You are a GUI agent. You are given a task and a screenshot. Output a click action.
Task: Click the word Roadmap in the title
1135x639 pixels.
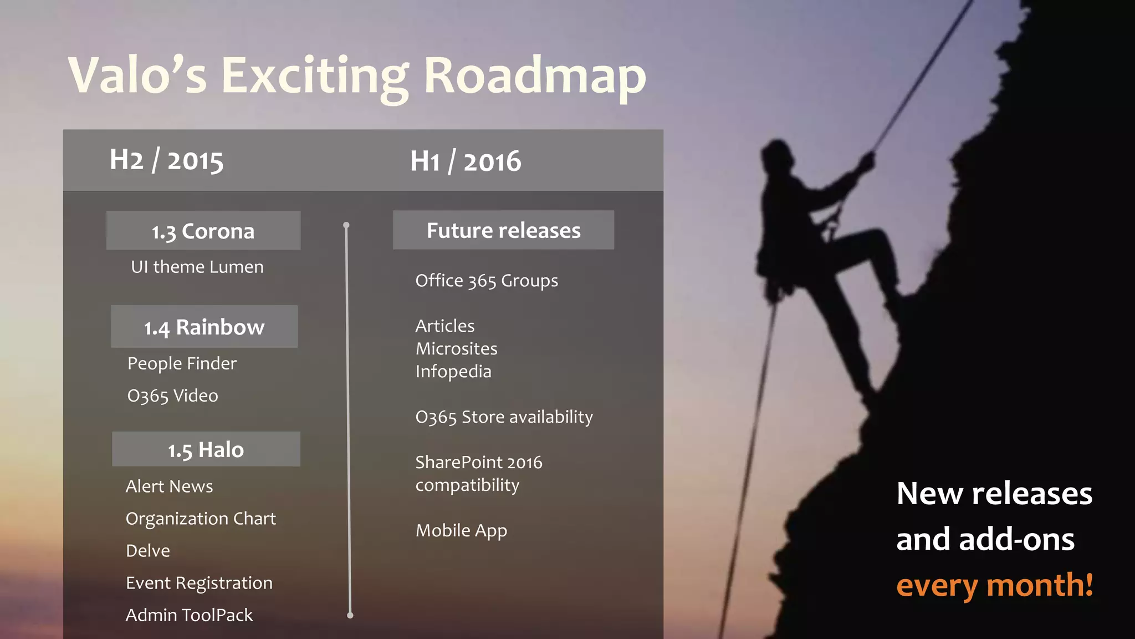[x=535, y=77]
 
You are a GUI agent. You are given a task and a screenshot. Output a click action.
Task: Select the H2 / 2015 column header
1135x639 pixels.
[x=166, y=161]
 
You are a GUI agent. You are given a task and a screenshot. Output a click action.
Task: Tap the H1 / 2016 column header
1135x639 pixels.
[x=466, y=161]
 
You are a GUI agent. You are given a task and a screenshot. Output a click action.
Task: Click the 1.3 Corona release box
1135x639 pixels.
[x=203, y=231]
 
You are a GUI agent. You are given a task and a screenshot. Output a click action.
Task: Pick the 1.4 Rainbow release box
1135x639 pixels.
[x=204, y=327]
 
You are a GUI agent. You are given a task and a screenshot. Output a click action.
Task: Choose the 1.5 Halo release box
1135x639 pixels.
[x=206, y=449]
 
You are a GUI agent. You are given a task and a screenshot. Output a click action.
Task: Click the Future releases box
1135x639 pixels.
[x=503, y=230]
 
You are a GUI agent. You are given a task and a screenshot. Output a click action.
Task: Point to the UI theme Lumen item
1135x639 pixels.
[x=197, y=267]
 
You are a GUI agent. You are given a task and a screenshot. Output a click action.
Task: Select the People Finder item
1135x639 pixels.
[x=182, y=363]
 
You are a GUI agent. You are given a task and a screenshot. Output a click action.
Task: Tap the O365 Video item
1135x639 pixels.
[x=172, y=395]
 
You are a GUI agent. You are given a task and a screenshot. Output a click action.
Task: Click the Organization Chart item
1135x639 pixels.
[x=201, y=519]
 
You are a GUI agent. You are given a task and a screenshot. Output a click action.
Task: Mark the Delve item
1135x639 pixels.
[x=148, y=551]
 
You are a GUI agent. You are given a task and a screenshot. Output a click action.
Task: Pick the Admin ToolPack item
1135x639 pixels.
[x=189, y=615]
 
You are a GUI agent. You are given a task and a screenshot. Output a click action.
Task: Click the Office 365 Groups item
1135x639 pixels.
[x=487, y=281]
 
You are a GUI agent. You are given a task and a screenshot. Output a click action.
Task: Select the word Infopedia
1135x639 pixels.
[x=453, y=372]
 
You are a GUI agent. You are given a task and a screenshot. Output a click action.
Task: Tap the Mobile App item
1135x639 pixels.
[x=461, y=531]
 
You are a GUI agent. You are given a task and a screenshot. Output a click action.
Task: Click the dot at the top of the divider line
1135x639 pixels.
[x=346, y=225]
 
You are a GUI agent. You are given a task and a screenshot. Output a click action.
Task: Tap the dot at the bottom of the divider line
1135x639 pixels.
[x=350, y=615]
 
